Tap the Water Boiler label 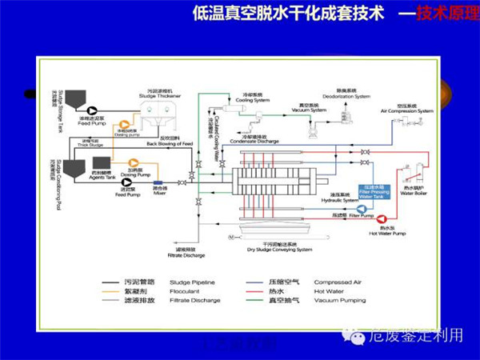tap(414, 193)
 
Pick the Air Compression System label tap(406, 110)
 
